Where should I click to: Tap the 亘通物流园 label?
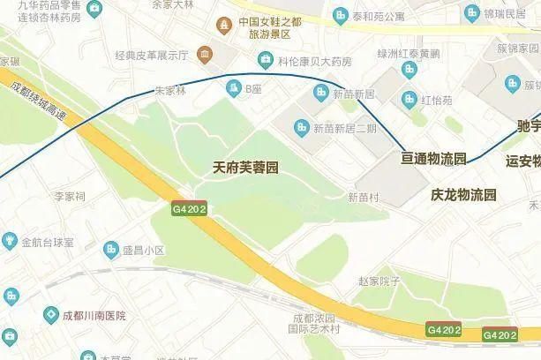[x=433, y=159]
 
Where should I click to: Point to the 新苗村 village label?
[x=363, y=198]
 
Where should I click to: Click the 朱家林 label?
[x=169, y=90]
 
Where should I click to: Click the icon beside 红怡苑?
[x=409, y=98]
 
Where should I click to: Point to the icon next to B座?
[x=234, y=88]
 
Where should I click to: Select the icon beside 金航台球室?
[x=10, y=240]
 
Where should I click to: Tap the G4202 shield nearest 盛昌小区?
[x=190, y=209]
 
